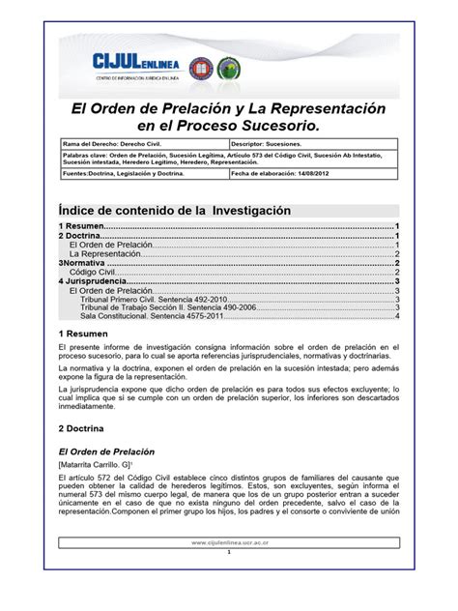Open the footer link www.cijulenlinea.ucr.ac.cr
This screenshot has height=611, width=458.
click(229, 570)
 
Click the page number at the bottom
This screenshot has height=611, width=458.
click(229, 580)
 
